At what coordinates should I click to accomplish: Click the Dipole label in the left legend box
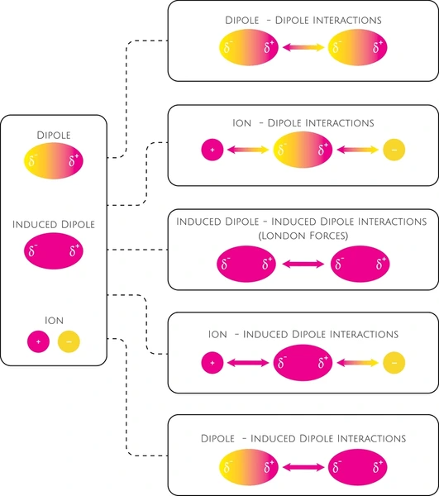(x=54, y=135)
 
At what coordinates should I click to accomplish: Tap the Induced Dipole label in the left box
(x=54, y=224)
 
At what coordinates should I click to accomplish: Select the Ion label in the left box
(x=54, y=321)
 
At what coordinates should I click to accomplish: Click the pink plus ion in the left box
(x=38, y=341)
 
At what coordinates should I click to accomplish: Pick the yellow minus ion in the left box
(x=69, y=341)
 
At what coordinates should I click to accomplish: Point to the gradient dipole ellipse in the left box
(x=54, y=160)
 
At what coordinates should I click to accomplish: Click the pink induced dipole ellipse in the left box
(x=54, y=250)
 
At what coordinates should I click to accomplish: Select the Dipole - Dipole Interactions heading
(x=303, y=20)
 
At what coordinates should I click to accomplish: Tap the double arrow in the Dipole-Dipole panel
(x=303, y=47)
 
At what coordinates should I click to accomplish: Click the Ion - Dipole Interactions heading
(x=303, y=122)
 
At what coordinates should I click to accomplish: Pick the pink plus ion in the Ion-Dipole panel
(x=212, y=150)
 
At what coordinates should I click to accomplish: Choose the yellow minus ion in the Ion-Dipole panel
(x=394, y=150)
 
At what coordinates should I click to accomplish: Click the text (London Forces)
(x=303, y=236)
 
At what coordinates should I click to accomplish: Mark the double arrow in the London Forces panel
(x=303, y=264)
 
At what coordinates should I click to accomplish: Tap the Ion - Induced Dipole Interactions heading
(x=303, y=334)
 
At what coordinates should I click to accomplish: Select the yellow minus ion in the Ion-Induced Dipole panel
(x=394, y=363)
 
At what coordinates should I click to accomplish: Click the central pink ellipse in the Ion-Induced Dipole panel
(x=303, y=363)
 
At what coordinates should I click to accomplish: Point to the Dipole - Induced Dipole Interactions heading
(x=303, y=438)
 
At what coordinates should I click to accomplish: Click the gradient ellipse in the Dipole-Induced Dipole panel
(x=249, y=467)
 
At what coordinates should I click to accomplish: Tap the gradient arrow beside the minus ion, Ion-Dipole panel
(x=358, y=150)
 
